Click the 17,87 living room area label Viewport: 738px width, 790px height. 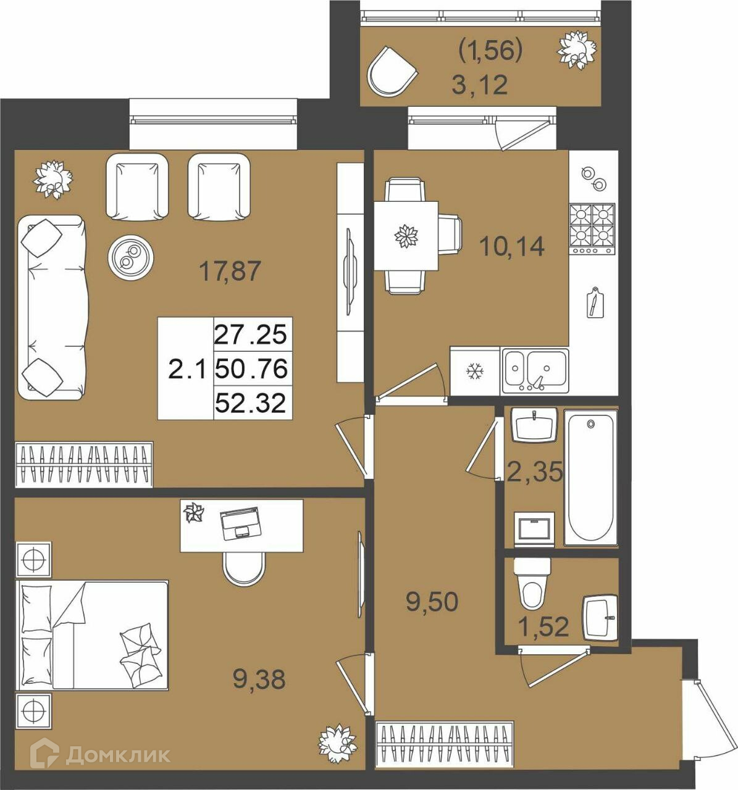coord(230,271)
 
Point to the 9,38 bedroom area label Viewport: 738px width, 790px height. coord(259,680)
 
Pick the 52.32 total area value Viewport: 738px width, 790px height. coord(251,404)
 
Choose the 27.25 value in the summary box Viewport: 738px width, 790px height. coord(251,334)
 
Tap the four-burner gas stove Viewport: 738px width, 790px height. coord(592,229)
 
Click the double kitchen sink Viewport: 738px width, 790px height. coord(535,372)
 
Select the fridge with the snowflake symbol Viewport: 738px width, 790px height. coord(475,371)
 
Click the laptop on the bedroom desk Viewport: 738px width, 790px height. coord(240,523)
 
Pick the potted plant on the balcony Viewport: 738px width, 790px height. coord(577,51)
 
